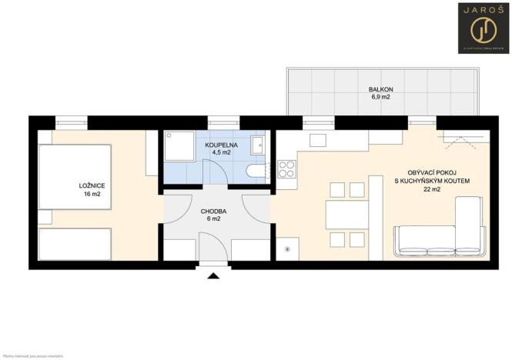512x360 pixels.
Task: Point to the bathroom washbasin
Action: click(260, 145)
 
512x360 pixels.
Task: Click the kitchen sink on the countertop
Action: click(319, 142)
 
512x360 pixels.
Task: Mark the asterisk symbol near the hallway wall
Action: click(288, 249)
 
